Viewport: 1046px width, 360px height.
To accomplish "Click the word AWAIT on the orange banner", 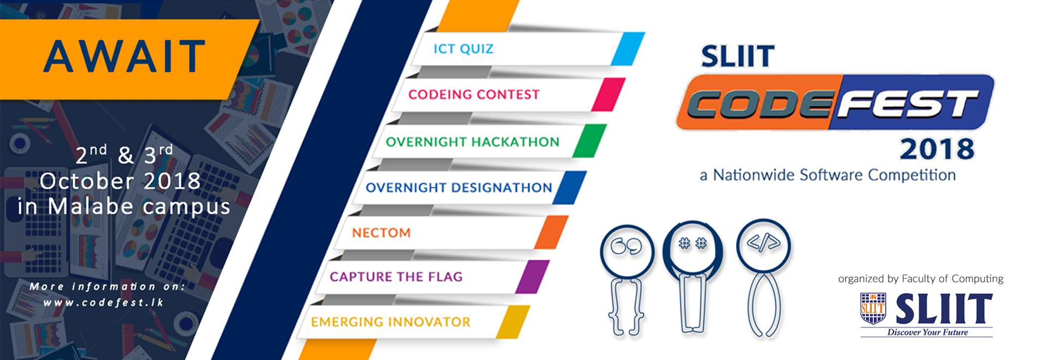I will click(x=124, y=57).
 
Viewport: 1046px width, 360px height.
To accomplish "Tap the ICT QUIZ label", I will click(x=463, y=49).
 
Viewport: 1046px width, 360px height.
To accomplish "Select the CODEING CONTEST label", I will click(x=473, y=95).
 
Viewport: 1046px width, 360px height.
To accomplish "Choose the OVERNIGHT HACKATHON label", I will click(x=472, y=142).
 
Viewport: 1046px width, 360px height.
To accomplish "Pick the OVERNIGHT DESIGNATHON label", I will click(x=459, y=188).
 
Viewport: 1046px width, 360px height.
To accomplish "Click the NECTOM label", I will click(x=381, y=233).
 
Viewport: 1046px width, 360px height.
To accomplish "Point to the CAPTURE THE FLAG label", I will click(x=396, y=277).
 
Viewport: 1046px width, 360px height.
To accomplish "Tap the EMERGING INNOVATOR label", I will click(x=390, y=322).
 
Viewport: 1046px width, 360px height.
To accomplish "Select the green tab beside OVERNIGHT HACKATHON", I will click(x=589, y=141).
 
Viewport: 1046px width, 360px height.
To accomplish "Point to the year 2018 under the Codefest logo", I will click(x=936, y=150).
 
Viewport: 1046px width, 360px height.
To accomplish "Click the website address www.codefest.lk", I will click(x=104, y=303).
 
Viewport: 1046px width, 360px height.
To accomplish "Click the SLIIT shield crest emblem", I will click(x=873, y=308).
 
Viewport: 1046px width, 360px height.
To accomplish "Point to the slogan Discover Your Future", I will click(x=927, y=333).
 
